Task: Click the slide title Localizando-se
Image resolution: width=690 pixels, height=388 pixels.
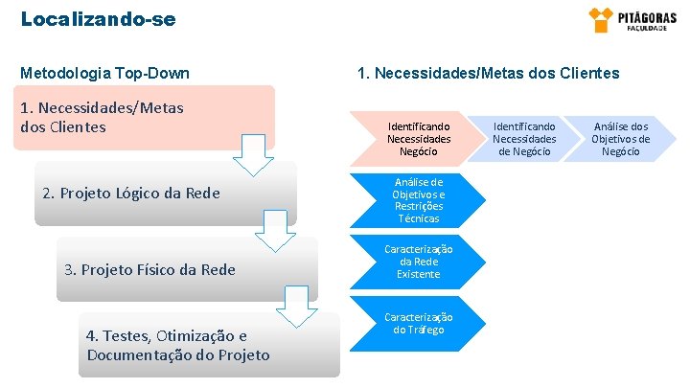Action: coord(98,18)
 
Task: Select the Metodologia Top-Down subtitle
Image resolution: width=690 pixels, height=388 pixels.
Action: coord(104,73)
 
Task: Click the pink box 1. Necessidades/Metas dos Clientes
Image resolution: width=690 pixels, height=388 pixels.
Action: coord(144,118)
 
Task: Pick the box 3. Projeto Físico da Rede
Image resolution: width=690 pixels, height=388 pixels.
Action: coord(187,269)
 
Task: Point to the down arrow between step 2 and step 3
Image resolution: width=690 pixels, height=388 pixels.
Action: coord(277,231)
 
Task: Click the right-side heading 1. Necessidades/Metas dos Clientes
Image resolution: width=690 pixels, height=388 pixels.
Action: coord(488,73)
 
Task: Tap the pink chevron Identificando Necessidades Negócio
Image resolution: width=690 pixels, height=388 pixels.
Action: coord(419,139)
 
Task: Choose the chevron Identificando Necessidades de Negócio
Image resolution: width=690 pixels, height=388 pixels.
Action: coord(523,139)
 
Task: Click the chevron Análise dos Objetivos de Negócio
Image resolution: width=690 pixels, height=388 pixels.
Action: coord(620,139)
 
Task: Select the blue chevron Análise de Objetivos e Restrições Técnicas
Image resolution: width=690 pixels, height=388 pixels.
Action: coord(419,200)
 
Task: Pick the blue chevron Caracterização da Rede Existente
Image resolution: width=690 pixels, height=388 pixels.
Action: coord(419,262)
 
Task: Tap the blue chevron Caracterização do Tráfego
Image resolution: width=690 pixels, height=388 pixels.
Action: coord(419,324)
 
